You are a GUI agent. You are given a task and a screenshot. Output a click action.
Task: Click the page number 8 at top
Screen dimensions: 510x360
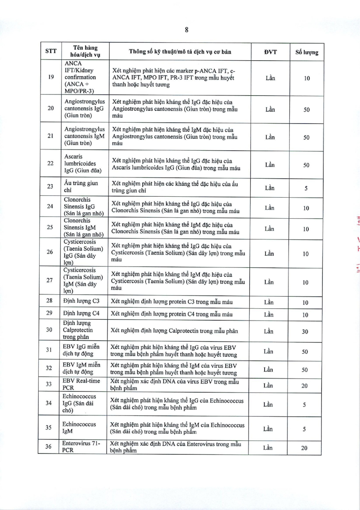pyautogui.click(x=186, y=30)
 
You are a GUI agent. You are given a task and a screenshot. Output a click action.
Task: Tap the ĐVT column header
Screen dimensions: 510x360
pyautogui.click(x=270, y=51)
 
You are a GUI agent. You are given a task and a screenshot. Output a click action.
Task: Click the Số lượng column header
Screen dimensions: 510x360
pyautogui.click(x=306, y=52)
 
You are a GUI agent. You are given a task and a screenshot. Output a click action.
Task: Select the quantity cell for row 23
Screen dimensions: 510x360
pyautogui.click(x=306, y=189)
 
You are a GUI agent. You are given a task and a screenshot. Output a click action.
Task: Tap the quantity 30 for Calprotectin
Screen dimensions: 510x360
pyautogui.click(x=306, y=331)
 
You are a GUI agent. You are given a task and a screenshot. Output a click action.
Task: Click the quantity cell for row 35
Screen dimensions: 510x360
pyautogui.click(x=306, y=429)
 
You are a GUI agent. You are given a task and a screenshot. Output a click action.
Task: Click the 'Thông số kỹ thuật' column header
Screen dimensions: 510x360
pyautogui.click(x=180, y=51)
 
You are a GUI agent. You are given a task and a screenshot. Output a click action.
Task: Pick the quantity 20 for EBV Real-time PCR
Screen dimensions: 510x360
pyautogui.click(x=306, y=386)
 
